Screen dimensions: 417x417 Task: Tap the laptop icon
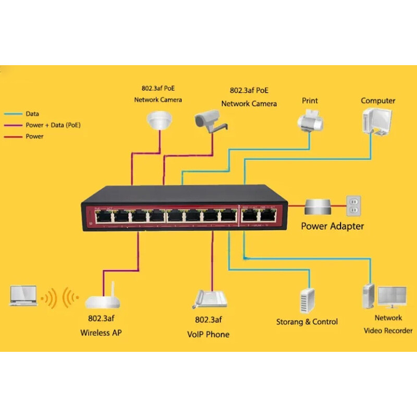23,296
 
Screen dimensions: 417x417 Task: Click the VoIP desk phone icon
211,299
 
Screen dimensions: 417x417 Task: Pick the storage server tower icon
307,300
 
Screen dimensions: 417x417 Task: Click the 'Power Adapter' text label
333,226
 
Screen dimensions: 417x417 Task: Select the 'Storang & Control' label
307,322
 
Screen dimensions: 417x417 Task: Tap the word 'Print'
310,101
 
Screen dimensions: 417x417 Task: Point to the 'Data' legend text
32,114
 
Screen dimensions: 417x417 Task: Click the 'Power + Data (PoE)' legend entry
53,125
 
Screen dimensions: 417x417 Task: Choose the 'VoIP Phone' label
208,334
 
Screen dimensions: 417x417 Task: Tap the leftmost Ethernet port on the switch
104,215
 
